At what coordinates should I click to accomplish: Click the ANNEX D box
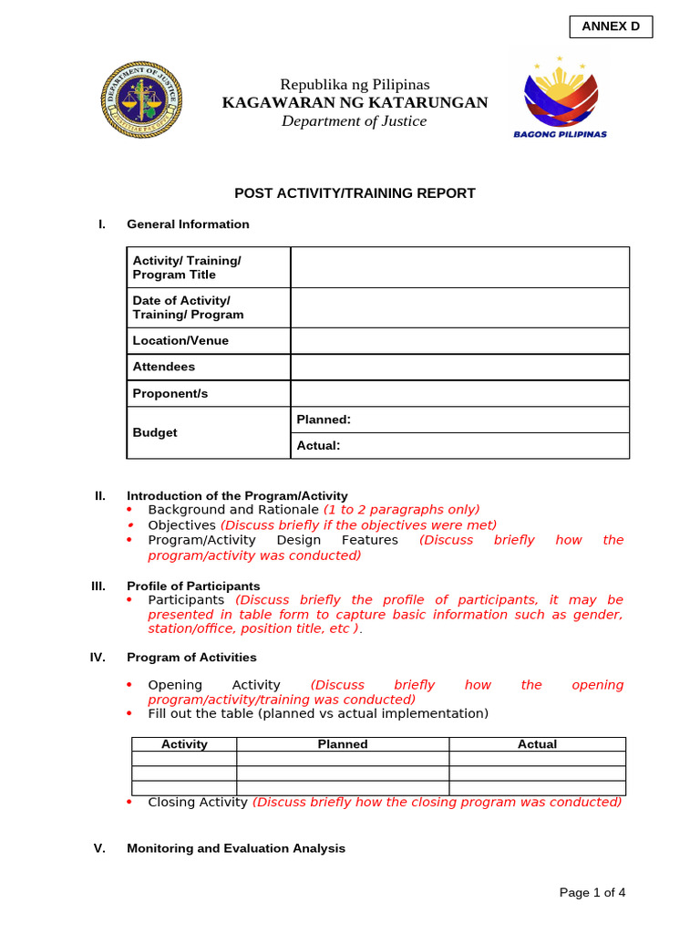pos(611,26)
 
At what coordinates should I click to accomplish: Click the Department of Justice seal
pos(140,101)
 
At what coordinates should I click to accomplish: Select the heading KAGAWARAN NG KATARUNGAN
pos(355,102)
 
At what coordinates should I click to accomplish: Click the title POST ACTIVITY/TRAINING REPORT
pos(355,193)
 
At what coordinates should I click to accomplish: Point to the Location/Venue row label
pos(180,340)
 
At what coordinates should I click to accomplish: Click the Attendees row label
pos(164,367)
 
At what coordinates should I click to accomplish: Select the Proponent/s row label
pos(170,393)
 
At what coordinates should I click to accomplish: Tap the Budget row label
pos(155,432)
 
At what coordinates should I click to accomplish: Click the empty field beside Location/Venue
pos(459,340)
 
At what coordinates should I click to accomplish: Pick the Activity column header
pos(184,744)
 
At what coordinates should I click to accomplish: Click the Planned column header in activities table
pos(343,744)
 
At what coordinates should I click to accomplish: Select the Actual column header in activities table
pos(537,744)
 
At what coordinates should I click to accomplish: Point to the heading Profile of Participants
pos(193,586)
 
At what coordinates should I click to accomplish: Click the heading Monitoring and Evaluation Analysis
pos(236,848)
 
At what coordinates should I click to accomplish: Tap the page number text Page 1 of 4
pos(592,893)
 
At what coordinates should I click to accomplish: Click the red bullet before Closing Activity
pos(129,802)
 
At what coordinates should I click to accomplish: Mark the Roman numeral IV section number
pos(99,657)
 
